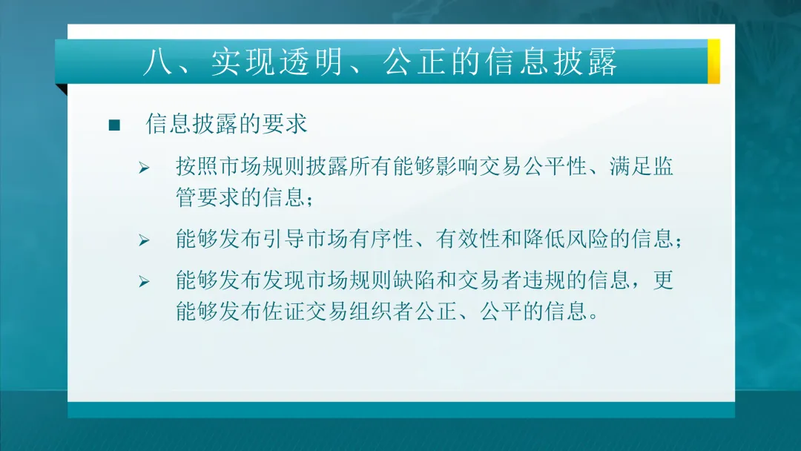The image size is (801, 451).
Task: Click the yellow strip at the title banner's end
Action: click(713, 61)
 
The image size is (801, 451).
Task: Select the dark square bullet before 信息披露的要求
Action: click(114, 125)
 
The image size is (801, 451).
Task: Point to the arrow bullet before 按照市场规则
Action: click(144, 168)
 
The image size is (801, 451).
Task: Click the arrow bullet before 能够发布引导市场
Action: click(144, 240)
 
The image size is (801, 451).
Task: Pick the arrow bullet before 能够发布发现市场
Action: click(144, 282)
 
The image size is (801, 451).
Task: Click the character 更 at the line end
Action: click(664, 280)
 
